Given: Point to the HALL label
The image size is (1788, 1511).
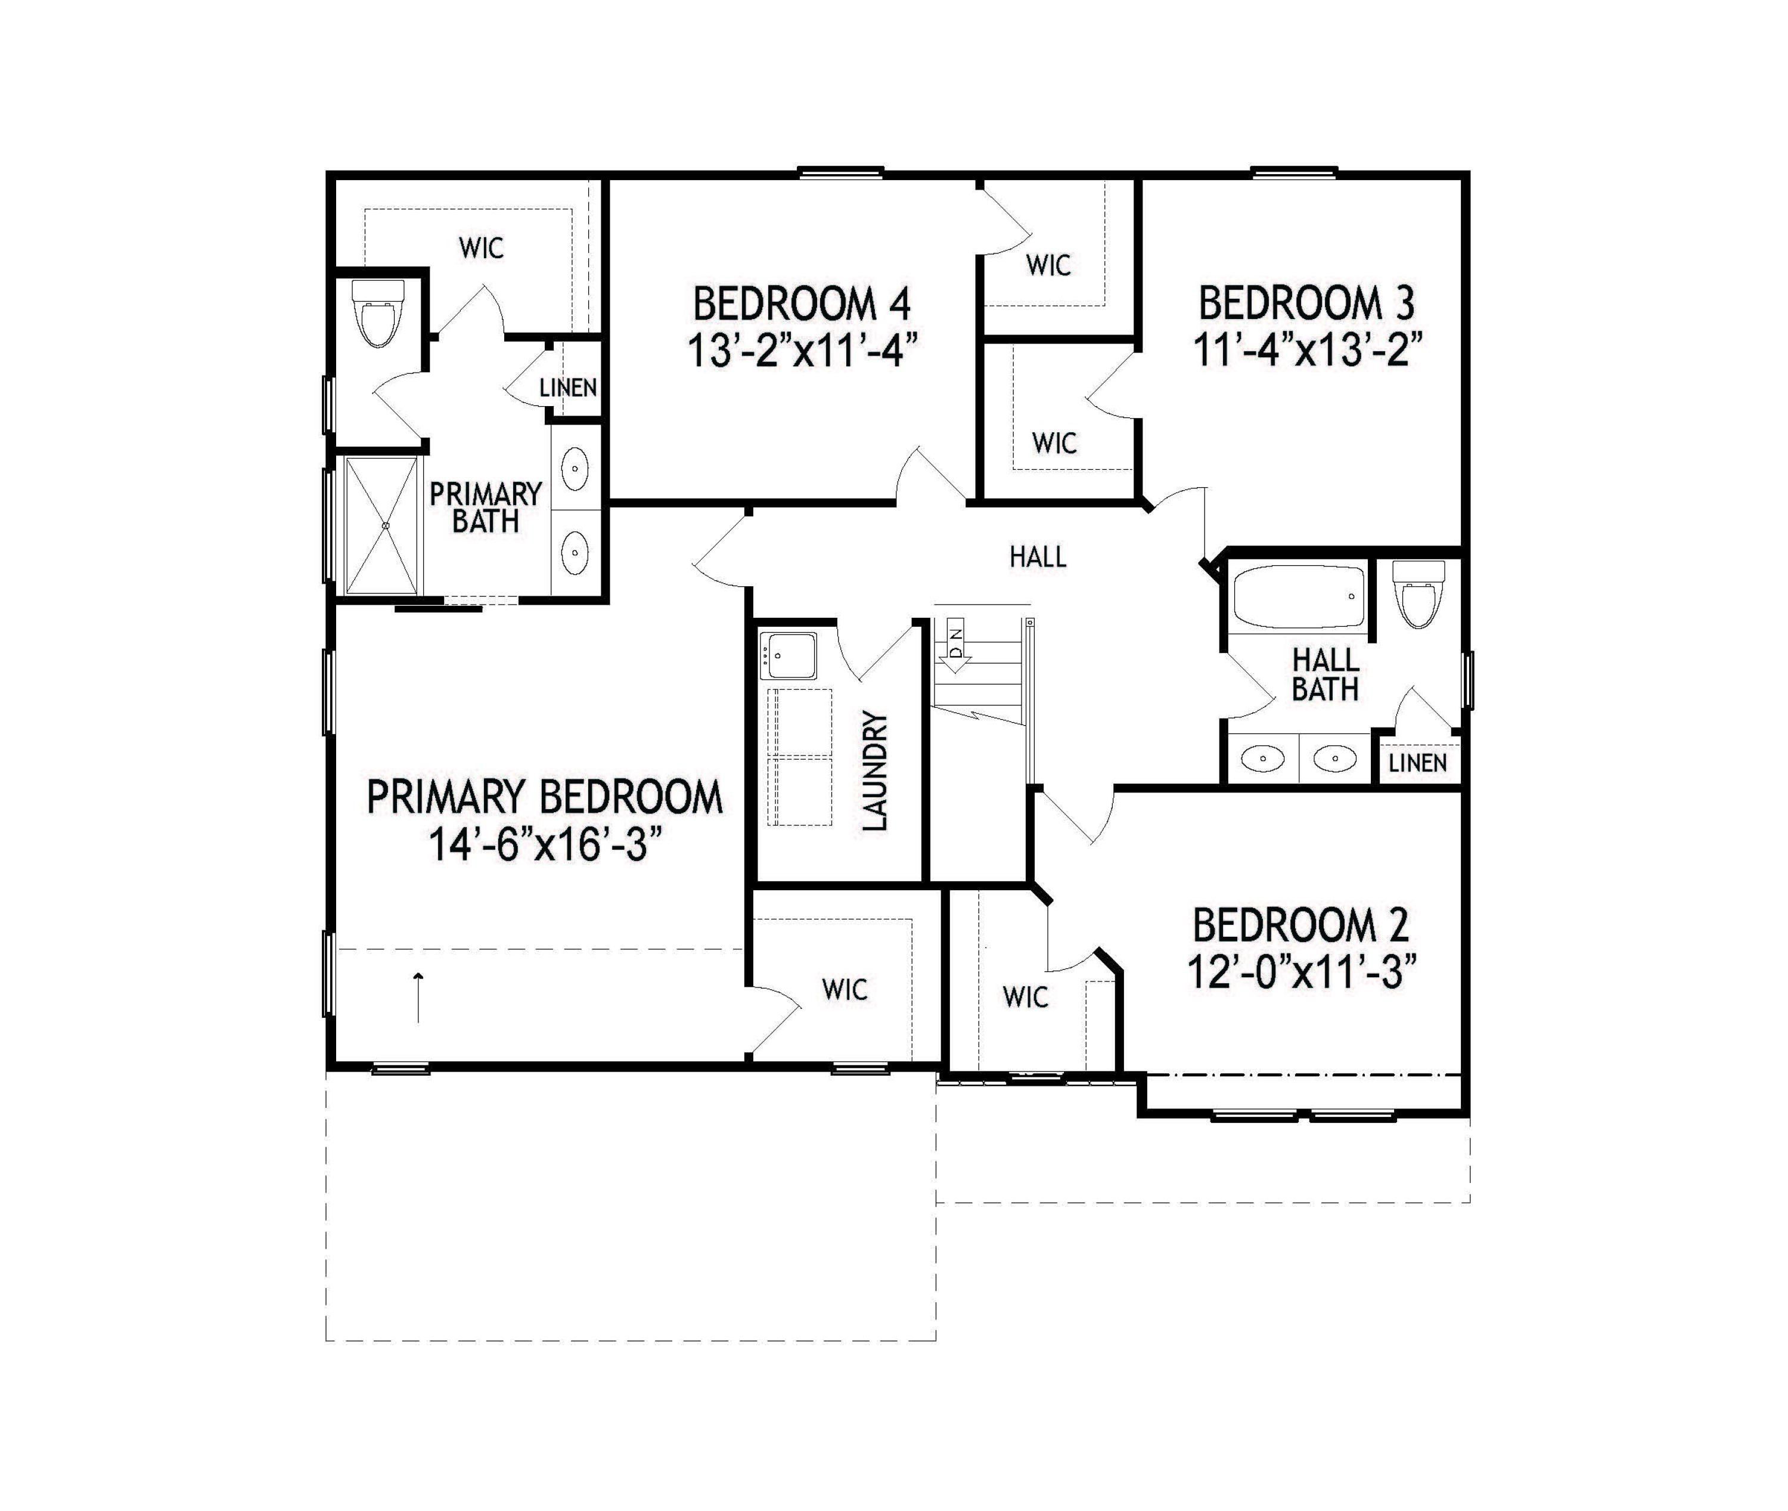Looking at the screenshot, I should [x=1038, y=558].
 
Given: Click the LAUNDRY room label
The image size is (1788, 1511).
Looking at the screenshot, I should [x=875, y=771].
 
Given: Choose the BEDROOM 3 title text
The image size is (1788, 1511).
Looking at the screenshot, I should [x=1306, y=304].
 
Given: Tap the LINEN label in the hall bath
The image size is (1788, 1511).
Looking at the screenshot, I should [x=1417, y=762].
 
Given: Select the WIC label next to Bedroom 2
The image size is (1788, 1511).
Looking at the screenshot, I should [x=1025, y=997].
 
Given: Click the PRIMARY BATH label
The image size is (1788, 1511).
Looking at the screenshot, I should [x=486, y=508].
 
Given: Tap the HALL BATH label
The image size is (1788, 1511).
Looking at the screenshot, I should [x=1326, y=675].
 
